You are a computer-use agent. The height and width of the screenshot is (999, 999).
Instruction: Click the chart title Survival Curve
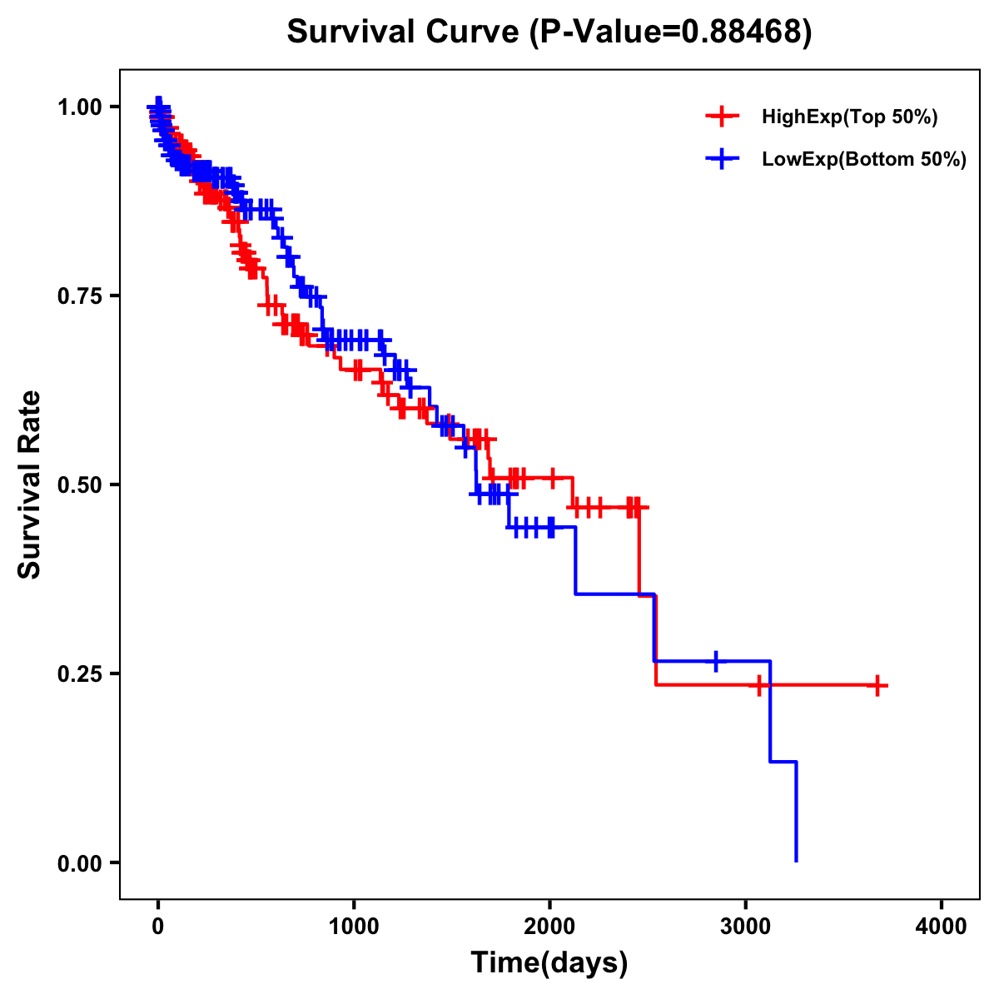pos(405,32)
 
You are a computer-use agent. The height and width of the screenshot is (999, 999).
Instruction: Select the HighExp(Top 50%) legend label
pos(850,117)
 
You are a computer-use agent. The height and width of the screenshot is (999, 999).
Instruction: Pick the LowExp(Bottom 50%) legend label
pos(864,159)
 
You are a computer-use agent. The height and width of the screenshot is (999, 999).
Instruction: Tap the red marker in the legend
pos(723,117)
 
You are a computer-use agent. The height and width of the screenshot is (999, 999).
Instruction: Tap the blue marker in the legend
pos(723,159)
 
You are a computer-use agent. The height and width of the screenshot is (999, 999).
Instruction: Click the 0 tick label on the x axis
pos(158,927)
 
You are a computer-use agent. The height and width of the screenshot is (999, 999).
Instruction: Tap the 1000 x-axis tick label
pos(354,927)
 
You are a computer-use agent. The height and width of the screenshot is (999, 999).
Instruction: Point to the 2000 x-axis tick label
pos(549,927)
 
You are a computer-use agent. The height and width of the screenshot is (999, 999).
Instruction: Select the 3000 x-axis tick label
pos(746,927)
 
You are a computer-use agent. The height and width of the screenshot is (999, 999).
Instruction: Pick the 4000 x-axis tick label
pos(942,927)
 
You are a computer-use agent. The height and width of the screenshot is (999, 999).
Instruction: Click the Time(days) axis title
pos(549,963)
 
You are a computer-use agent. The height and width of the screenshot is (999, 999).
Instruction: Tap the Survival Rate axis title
pos(30,485)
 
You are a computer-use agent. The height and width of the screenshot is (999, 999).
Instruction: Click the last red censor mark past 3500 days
pos(877,685)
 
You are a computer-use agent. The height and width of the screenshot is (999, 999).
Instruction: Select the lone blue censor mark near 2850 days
pos(715,661)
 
